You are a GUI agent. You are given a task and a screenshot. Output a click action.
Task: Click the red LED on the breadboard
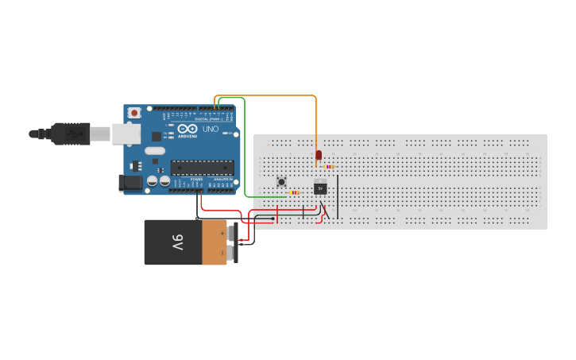[x=319, y=155]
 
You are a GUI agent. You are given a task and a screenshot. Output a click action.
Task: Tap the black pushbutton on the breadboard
[x=281, y=182]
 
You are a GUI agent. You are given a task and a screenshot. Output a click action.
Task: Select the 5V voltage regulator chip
[x=320, y=188]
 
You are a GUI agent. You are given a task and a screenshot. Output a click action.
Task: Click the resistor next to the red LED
[x=329, y=167]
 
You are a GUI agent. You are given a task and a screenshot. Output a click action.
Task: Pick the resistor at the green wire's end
[x=295, y=192]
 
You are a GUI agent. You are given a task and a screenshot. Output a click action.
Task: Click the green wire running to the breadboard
[x=245, y=151]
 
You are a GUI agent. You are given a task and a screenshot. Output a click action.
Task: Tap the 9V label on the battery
[x=178, y=242]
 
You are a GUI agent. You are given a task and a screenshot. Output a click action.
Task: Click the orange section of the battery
[x=214, y=242]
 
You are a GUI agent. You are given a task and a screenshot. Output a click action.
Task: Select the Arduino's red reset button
[x=134, y=113]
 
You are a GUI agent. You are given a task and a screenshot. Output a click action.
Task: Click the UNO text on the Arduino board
[x=211, y=129]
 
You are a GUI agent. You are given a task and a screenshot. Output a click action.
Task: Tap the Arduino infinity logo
[x=187, y=129]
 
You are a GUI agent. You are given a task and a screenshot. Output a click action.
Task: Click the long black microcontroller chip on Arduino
[x=203, y=167]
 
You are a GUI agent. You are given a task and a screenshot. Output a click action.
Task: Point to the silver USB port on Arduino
[x=126, y=134]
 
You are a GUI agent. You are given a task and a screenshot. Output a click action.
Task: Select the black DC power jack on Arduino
[x=130, y=183]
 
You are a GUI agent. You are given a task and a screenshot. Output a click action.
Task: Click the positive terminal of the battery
[x=233, y=233]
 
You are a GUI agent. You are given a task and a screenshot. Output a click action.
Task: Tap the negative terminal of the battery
[x=233, y=254]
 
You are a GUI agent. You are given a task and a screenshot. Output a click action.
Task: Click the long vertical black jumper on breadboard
[x=338, y=196]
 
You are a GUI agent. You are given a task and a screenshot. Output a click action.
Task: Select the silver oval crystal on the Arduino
[x=155, y=151]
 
